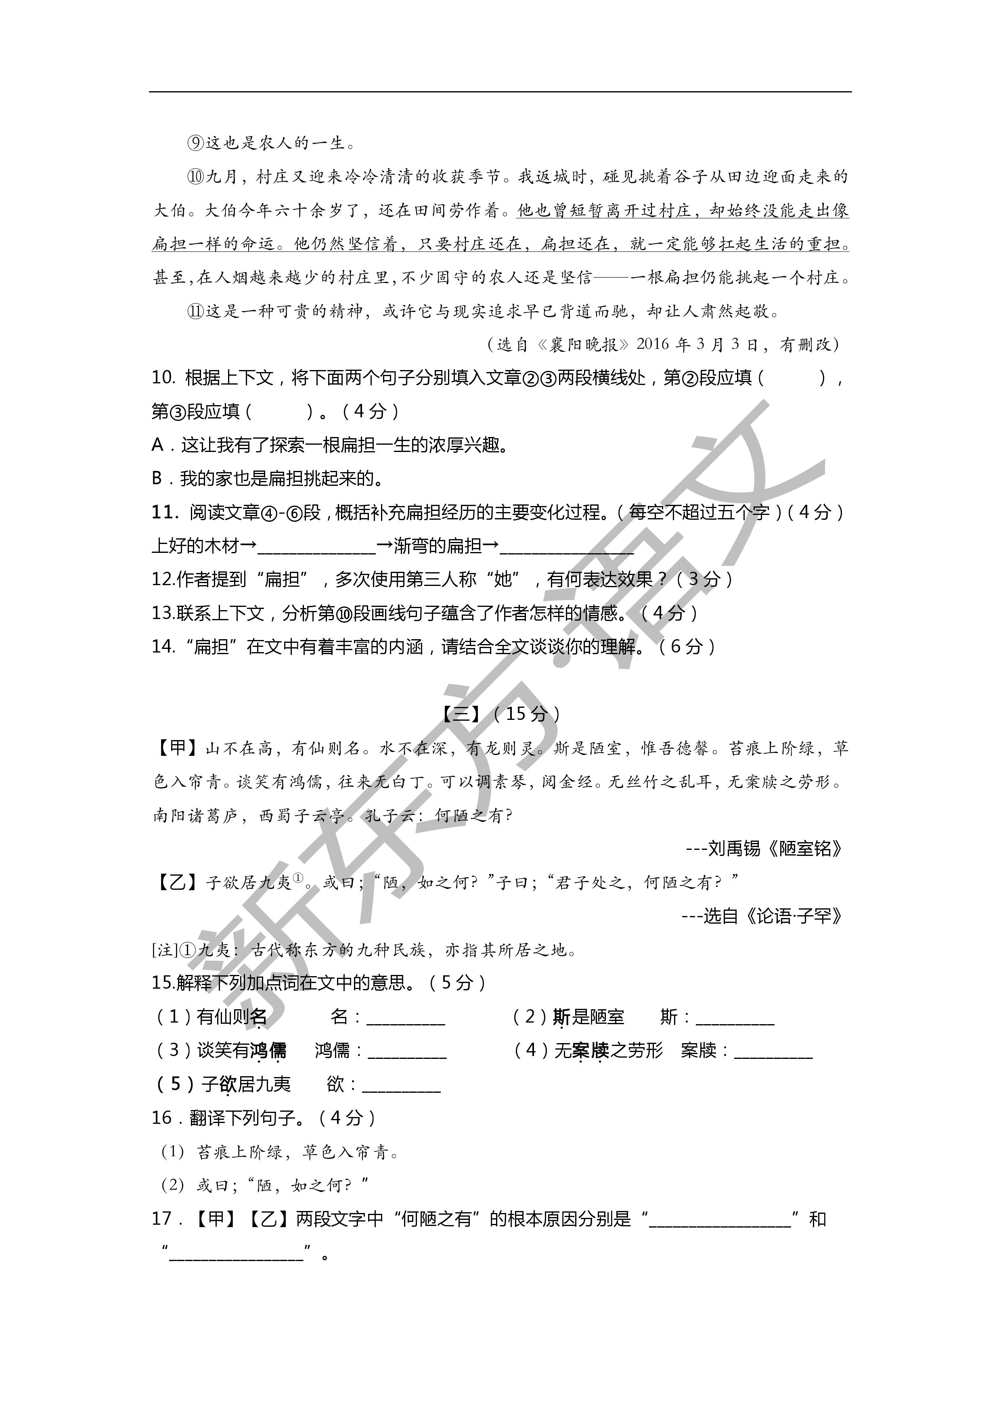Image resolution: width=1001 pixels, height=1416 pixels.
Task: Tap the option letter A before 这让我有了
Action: coord(158,445)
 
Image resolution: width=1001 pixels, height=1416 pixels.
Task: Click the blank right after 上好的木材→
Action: coord(316,546)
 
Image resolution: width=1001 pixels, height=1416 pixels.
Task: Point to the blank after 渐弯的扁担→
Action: coord(566,546)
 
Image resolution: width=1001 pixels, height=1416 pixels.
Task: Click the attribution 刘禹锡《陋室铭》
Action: coord(775,849)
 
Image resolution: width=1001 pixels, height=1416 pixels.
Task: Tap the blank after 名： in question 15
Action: coord(405,1018)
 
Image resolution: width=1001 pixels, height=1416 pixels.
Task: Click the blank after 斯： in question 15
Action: coord(735,1018)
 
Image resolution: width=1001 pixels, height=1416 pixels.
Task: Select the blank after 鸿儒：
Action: coord(407,1051)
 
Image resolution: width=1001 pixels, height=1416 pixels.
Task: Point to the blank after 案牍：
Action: coord(773,1051)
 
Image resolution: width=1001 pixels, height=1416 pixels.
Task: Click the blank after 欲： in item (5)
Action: coord(402,1085)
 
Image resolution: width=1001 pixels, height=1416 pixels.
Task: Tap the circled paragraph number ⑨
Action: coord(195,144)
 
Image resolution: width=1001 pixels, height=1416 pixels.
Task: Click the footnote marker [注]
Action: coord(165,950)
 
